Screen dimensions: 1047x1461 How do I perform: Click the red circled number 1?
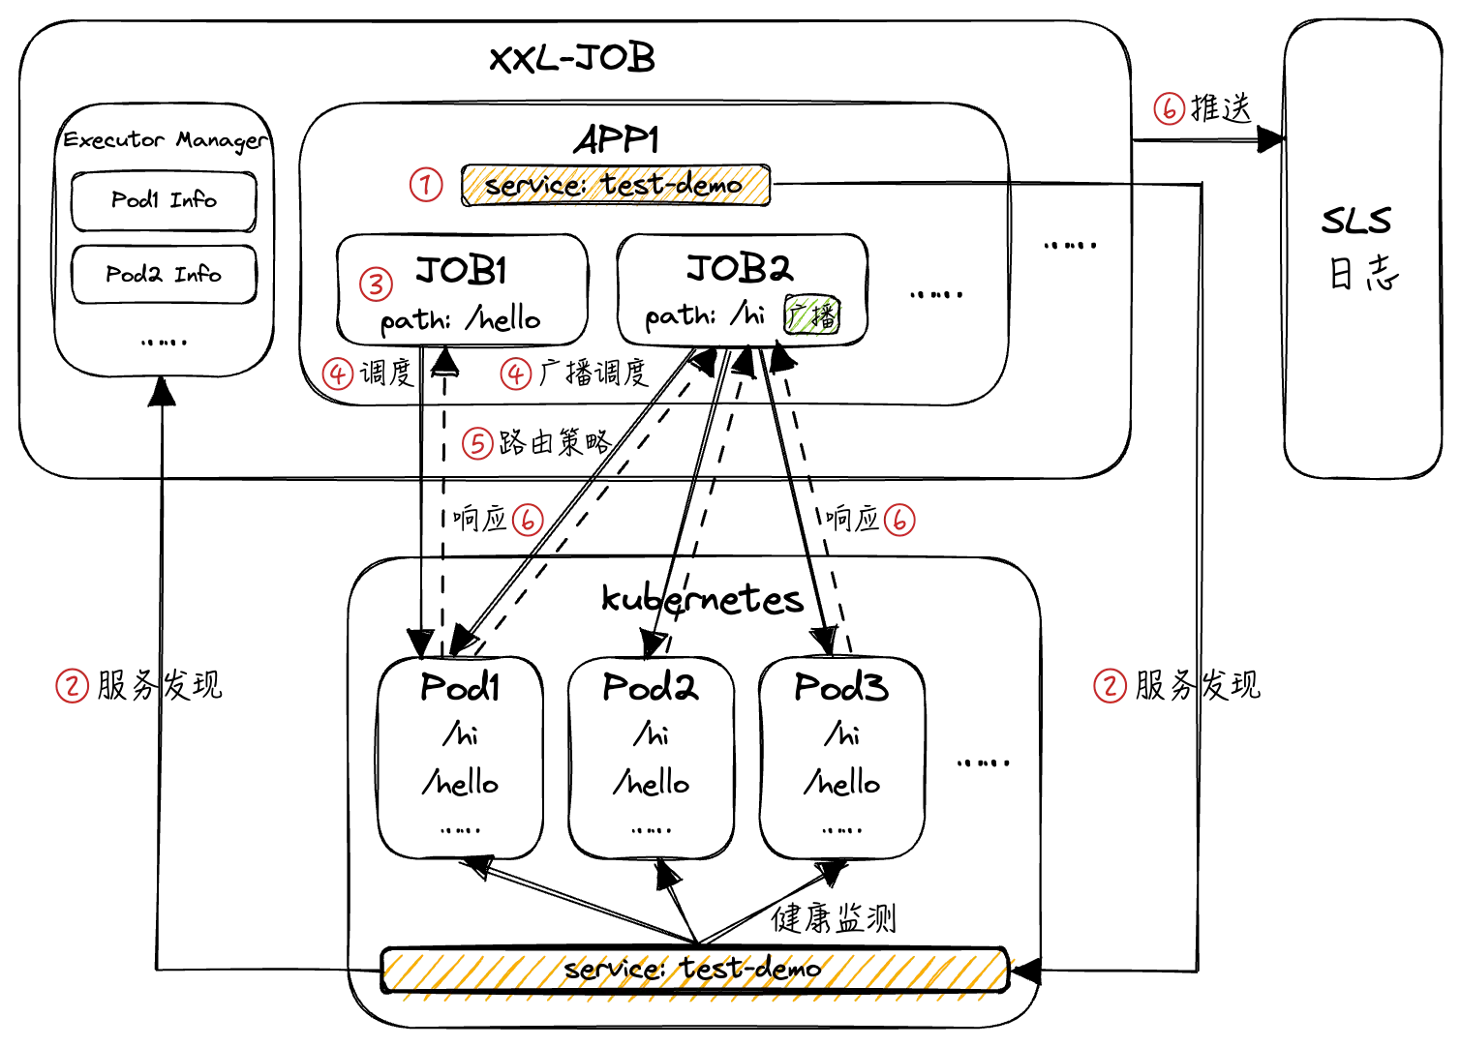coord(426,185)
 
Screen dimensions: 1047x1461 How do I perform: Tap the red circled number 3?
coord(376,284)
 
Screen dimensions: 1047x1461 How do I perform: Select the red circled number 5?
coord(477,443)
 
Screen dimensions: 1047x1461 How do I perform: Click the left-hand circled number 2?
coord(73,686)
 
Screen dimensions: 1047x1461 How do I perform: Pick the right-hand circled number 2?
coord(1110,686)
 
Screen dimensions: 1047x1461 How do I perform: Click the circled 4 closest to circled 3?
coord(338,374)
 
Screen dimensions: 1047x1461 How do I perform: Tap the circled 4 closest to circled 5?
coord(516,374)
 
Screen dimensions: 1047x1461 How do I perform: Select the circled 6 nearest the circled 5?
coord(528,520)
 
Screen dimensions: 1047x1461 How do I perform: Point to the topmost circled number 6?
coord(1170,108)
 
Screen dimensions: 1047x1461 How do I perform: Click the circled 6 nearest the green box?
coord(899,520)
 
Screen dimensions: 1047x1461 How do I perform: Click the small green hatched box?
coord(812,316)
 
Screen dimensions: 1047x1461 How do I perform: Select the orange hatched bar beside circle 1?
coord(616,186)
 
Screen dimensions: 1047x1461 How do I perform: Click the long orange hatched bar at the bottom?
coord(698,975)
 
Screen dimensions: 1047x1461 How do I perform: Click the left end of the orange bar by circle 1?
coord(466,186)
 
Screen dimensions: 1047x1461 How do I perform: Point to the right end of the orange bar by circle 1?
coord(767,186)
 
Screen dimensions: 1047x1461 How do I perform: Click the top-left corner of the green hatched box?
coord(787,301)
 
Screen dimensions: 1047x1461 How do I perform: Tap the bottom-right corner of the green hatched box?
coord(838,333)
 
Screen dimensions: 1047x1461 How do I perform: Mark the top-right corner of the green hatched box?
coord(838,301)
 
